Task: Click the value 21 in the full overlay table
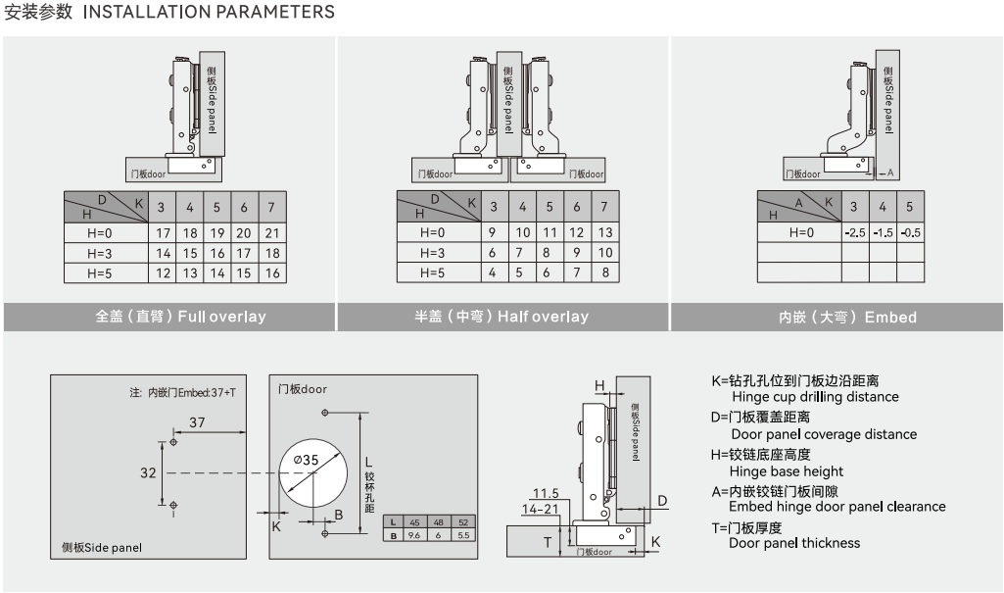tap(271, 233)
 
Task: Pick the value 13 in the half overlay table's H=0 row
tap(604, 232)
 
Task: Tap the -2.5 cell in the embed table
tap(854, 232)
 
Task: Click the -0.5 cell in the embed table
tap(909, 232)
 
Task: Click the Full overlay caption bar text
tap(180, 317)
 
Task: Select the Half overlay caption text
tap(502, 317)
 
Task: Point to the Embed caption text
tap(847, 317)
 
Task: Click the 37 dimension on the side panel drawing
tap(198, 422)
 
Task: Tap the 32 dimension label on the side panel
tap(148, 472)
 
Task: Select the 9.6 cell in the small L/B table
tap(413, 535)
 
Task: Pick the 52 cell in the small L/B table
tap(463, 521)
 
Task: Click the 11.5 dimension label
tap(546, 493)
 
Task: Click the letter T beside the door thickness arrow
tap(548, 540)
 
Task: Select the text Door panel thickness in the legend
tap(794, 543)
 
